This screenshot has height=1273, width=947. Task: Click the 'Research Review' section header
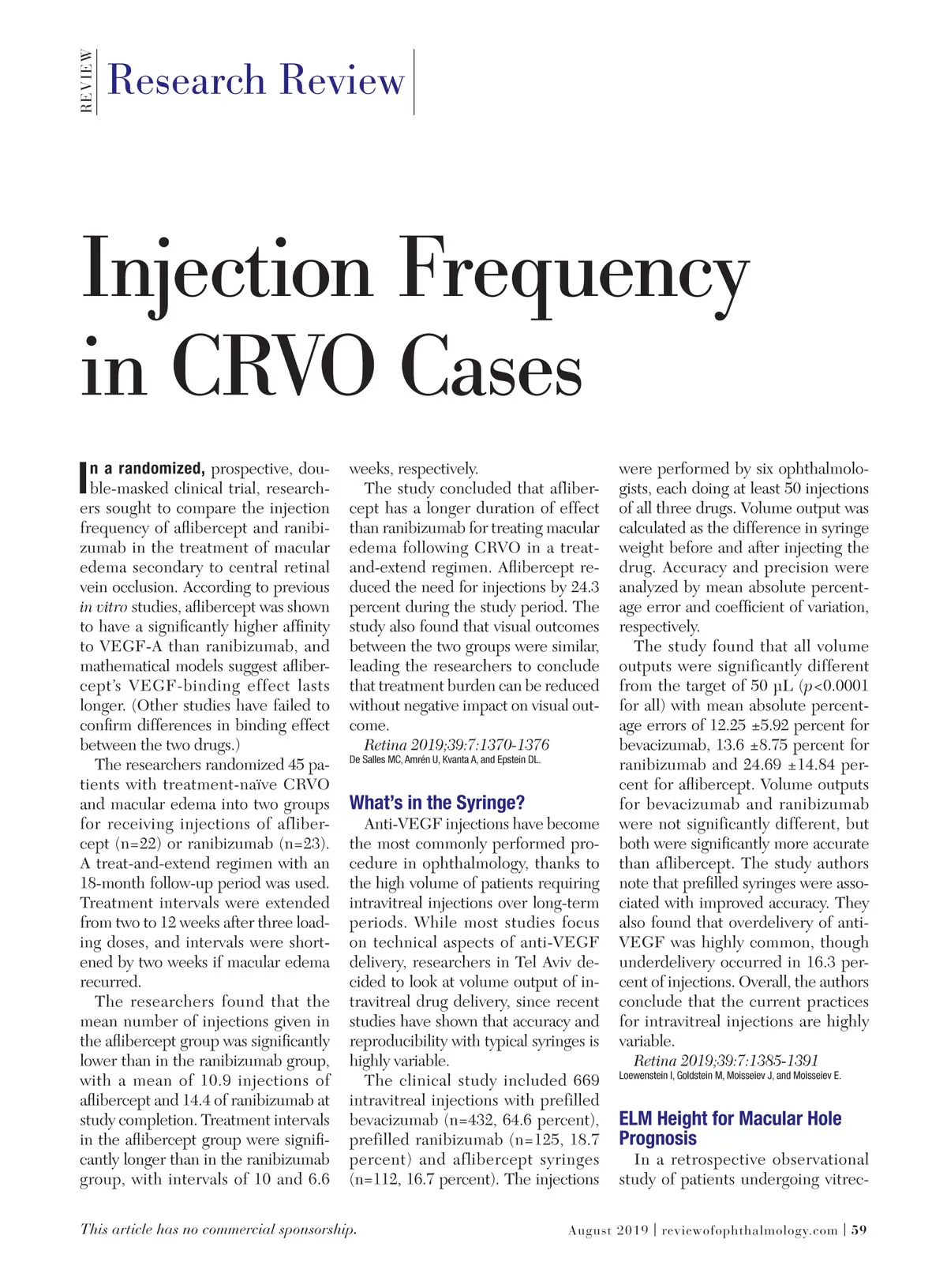pyautogui.click(x=256, y=80)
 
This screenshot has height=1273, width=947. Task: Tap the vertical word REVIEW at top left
pyautogui.click(x=87, y=81)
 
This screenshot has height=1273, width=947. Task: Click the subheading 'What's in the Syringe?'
pyautogui.click(x=436, y=803)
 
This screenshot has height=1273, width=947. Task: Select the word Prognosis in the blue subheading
pyautogui.click(x=657, y=1138)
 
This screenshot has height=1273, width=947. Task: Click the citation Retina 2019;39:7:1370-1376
pyautogui.click(x=456, y=745)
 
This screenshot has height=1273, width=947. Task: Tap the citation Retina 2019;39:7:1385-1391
pyautogui.click(x=726, y=1061)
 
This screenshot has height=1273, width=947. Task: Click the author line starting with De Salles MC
pyautogui.click(x=444, y=760)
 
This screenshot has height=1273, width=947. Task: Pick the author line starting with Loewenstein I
pyautogui.click(x=729, y=1076)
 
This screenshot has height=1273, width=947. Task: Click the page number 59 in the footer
pyautogui.click(x=859, y=1230)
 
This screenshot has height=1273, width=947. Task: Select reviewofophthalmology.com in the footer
pyautogui.click(x=749, y=1230)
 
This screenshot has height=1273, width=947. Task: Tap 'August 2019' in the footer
pyautogui.click(x=608, y=1230)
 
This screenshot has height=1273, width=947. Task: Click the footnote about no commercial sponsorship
pyautogui.click(x=218, y=1229)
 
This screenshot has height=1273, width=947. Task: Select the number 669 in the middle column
pyautogui.click(x=586, y=1080)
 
